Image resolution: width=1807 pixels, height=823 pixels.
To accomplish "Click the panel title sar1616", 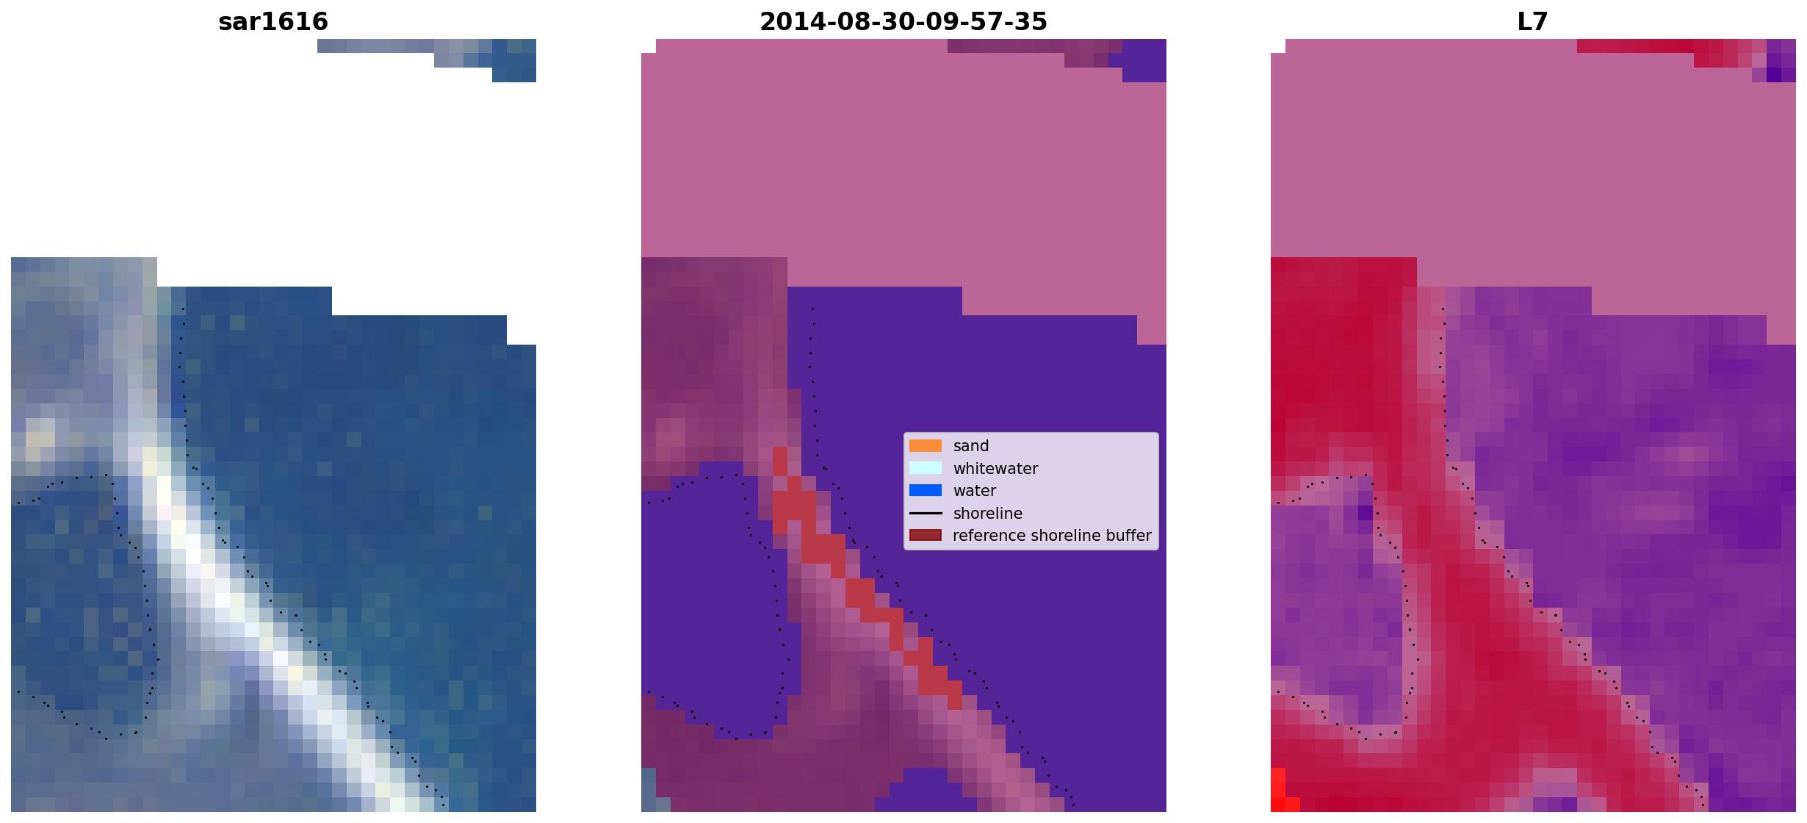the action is point(273,22).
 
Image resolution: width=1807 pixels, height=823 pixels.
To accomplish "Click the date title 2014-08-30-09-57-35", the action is point(903,22).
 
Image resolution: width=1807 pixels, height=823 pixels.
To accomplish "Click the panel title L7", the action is point(1532,22).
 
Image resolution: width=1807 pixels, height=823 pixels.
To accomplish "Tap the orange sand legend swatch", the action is point(926,446).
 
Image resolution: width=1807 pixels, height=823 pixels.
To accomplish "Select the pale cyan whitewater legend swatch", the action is point(926,468).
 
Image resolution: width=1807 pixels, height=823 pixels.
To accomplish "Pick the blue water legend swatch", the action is point(926,490).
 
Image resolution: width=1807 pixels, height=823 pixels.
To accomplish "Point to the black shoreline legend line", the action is point(926,513).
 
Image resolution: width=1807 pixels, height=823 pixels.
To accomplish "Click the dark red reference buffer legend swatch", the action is point(926,535).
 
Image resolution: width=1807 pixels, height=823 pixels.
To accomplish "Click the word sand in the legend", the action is point(971,446).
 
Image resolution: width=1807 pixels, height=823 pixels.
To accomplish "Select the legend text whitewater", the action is point(995,469).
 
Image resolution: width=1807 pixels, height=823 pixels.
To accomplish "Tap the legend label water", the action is point(975,491).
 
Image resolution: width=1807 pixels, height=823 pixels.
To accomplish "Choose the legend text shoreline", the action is point(988,513).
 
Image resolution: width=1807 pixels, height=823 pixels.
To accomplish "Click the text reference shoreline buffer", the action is point(1052,536).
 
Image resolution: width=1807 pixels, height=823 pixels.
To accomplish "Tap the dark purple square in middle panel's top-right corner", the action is point(1144,60).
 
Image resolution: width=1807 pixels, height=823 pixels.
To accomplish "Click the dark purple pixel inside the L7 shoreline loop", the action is point(1366,513).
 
